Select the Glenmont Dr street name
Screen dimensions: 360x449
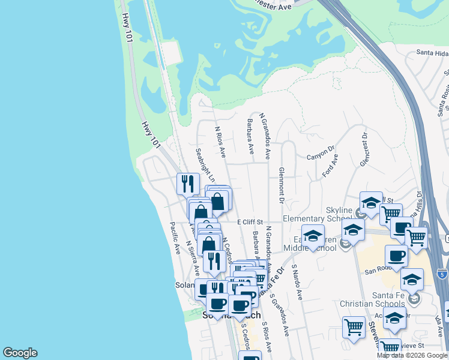point(280,184)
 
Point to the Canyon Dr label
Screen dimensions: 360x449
point(320,154)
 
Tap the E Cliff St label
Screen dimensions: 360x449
point(250,222)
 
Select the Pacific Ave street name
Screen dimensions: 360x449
point(175,238)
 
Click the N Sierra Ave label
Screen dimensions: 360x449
point(193,258)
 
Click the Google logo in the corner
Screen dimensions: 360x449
point(20,353)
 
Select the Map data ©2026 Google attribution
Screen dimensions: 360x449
point(411,355)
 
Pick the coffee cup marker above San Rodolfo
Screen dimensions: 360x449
point(396,255)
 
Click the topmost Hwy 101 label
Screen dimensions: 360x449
point(126,28)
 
